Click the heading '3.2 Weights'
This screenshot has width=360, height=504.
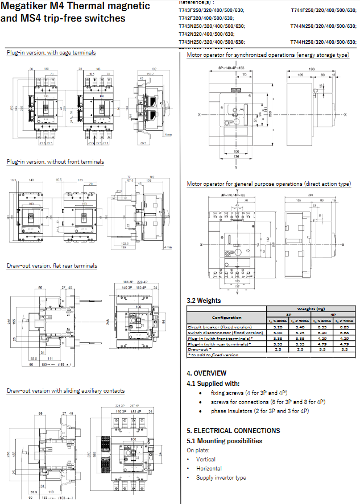click(x=204, y=301)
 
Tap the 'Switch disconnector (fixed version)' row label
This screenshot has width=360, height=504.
click(x=223, y=332)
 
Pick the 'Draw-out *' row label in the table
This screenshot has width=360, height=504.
click(x=200, y=349)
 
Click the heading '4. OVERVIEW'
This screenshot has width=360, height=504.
click(x=206, y=373)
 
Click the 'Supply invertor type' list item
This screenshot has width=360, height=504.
click(x=221, y=477)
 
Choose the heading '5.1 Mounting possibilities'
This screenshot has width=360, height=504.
click(x=225, y=440)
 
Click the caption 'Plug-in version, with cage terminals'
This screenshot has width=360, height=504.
click(x=51, y=53)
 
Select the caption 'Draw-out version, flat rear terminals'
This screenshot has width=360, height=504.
click(x=52, y=265)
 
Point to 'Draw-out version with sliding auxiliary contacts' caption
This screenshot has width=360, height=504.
click(x=65, y=390)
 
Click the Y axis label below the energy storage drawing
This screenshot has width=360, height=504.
click(x=235, y=168)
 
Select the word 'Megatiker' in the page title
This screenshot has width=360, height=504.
click(x=29, y=6)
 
